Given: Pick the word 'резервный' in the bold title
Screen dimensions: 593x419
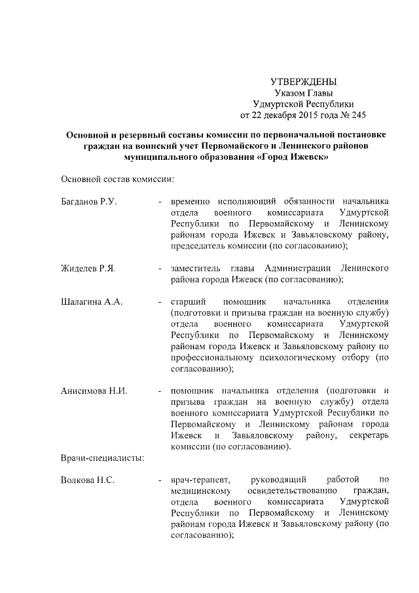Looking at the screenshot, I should point(139,134).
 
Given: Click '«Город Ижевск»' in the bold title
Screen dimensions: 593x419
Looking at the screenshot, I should point(292,157).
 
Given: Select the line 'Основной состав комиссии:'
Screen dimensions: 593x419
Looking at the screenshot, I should point(117,179).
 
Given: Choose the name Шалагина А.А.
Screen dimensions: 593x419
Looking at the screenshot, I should point(91,302).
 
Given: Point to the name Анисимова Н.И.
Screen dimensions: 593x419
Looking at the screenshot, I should point(94,391).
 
